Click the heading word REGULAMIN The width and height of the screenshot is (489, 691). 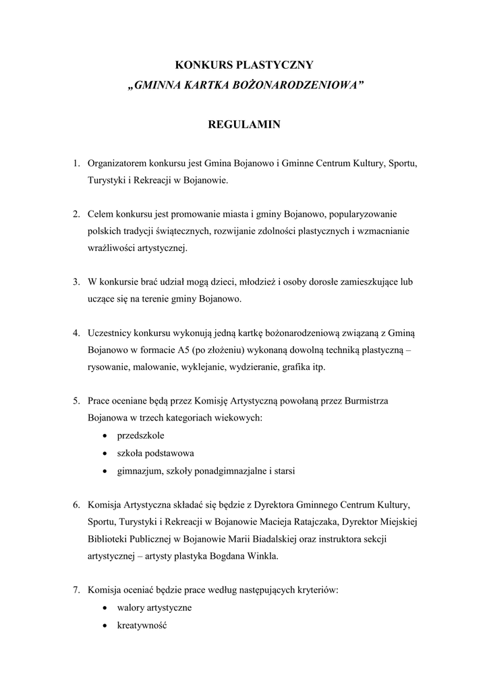tap(244, 125)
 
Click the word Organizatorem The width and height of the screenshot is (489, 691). tap(117, 163)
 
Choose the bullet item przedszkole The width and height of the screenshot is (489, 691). tap(136, 436)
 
